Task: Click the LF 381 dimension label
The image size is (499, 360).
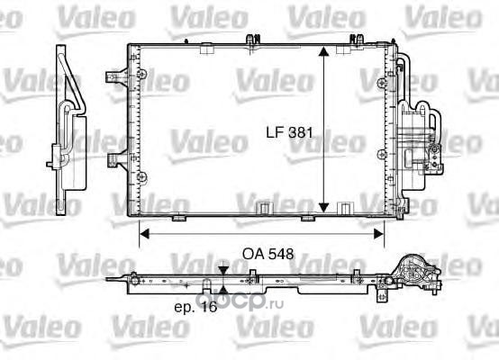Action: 289,132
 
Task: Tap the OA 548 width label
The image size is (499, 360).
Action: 268,254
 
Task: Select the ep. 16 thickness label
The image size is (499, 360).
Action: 195,307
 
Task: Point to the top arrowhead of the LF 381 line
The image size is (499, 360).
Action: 323,53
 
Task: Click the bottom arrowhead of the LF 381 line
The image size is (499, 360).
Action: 323,207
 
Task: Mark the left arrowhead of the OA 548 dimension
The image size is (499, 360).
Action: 145,234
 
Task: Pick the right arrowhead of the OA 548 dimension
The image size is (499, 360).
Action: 378,234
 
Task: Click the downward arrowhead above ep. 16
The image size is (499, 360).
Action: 223,271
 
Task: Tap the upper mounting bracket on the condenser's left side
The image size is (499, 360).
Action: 117,76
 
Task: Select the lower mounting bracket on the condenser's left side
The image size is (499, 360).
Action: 117,158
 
